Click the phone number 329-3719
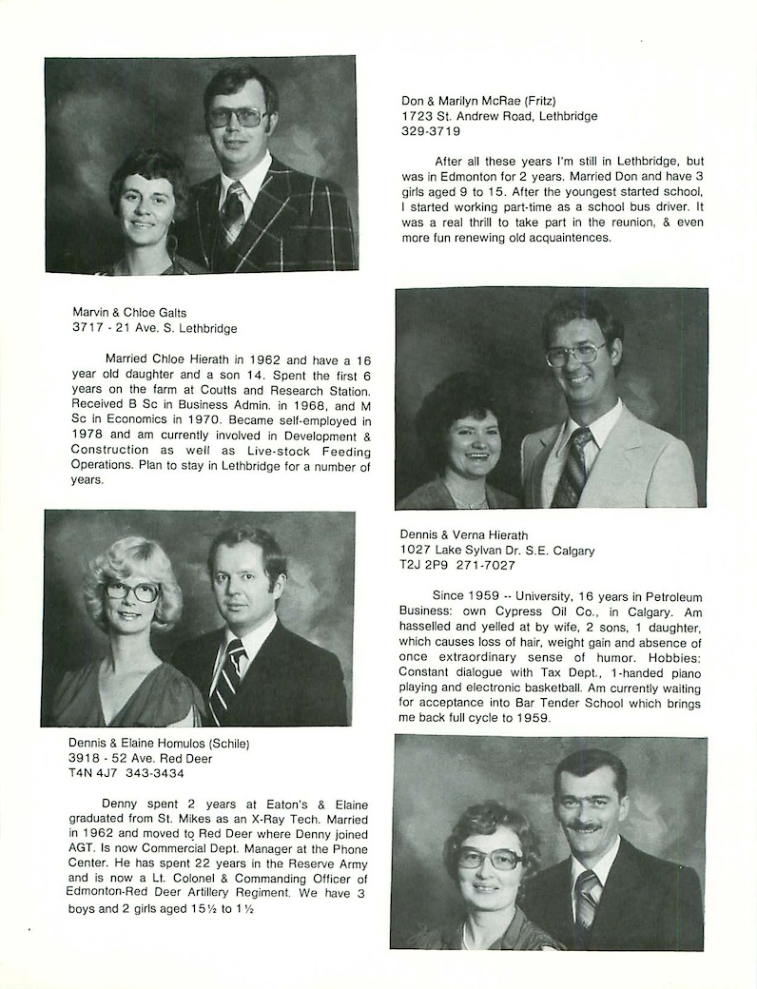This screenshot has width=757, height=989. pos(431,132)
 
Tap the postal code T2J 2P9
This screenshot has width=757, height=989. pos(426,565)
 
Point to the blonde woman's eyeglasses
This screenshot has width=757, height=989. pos(131,591)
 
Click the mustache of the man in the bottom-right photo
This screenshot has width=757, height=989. pos(586,827)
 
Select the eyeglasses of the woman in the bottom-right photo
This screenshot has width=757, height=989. pos(490,858)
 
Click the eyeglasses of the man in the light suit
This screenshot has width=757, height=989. pos(574,354)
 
